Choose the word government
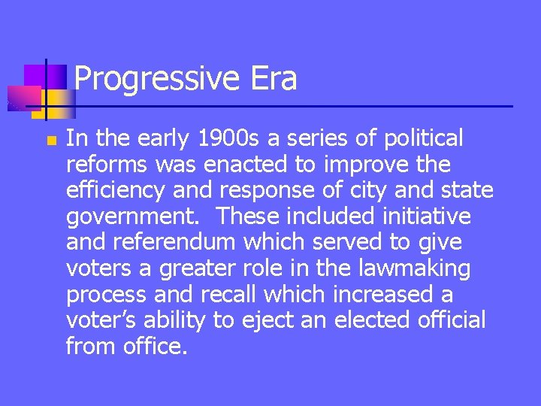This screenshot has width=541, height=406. pos(134,217)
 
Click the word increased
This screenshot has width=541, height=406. pos(375,295)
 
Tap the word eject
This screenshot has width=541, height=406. pos(264,321)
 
